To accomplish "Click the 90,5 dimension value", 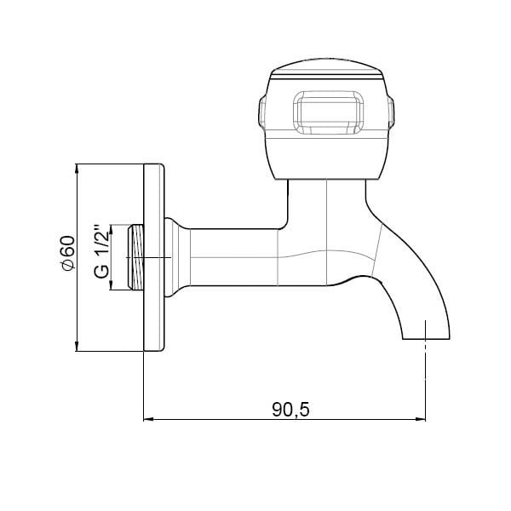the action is coord(290,410).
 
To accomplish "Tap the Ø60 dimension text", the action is coord(67,253).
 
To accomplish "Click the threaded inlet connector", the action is coord(135,257).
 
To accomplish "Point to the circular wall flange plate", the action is coord(154,257).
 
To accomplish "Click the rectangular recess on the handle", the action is coord(328,112).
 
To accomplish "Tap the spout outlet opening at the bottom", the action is coord(427,339).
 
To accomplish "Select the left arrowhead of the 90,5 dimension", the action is coord(148,419).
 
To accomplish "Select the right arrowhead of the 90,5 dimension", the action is coord(421,419).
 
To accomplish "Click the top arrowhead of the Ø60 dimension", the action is coord(77,169).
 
